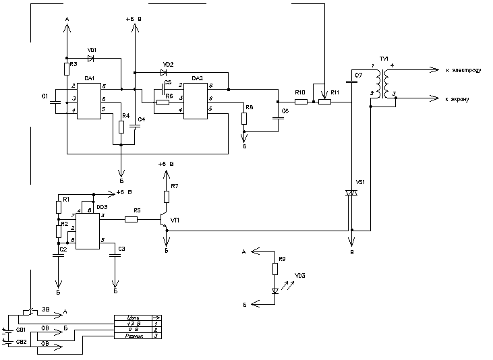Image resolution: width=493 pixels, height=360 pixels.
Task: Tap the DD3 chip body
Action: [x=88, y=229]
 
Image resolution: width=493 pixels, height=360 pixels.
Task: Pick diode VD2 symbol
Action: [x=163, y=72]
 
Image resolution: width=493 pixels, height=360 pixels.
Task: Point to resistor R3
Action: [x=67, y=68]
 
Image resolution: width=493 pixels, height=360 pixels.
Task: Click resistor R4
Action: [x=121, y=127]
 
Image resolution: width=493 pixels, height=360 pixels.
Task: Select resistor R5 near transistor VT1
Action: [x=132, y=219]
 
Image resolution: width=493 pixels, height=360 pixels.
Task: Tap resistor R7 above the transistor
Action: [x=166, y=196]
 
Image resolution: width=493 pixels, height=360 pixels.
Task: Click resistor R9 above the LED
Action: [x=275, y=269]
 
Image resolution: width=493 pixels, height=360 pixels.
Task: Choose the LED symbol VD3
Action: [x=275, y=291]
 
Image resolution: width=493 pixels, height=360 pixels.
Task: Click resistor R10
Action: [x=301, y=102]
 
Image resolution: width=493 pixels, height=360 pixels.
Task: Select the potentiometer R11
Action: [x=325, y=102]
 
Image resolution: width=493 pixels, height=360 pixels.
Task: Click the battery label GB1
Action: [x=21, y=330]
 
